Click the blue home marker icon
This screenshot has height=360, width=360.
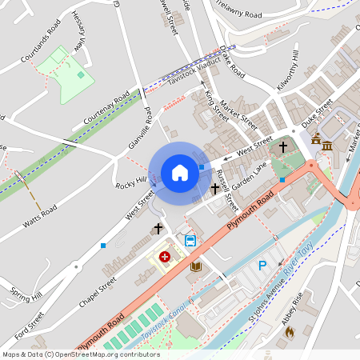tap(180, 173)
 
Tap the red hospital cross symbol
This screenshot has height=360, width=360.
tap(165, 257)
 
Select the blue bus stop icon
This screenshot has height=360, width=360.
tap(190, 240)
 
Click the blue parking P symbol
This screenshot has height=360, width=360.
tap(261, 266)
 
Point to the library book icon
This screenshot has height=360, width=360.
tap(194, 267)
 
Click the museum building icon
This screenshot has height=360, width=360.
tap(327, 143)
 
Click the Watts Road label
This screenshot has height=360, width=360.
tap(39, 215)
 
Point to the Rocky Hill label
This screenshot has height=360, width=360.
tap(131, 183)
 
